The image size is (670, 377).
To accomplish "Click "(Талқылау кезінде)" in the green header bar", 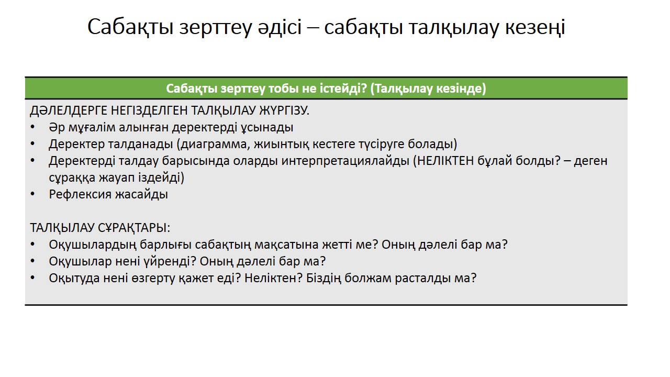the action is [428, 88].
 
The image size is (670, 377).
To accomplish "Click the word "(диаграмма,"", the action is [213, 144].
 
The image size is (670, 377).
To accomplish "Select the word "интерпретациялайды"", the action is [345, 161].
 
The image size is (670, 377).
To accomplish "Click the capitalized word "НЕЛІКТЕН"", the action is [445, 161].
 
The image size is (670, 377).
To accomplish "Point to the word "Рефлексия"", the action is [80, 195].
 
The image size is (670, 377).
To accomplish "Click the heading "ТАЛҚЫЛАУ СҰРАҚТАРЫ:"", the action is [100, 228].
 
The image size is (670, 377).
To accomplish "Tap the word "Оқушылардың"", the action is [93, 245].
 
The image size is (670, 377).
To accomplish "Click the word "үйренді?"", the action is [170, 262].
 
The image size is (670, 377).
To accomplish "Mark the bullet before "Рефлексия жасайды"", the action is [32, 194].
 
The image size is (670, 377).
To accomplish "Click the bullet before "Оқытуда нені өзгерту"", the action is [32, 278].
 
